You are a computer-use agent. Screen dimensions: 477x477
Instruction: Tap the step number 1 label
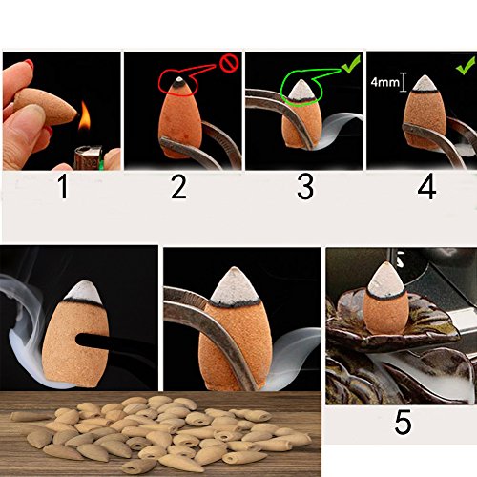pos(64,188)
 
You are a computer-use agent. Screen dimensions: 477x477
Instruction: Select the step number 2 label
pos(178,188)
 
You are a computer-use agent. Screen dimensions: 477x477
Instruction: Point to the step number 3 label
pos(305,188)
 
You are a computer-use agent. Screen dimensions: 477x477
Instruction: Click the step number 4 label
pos(426,188)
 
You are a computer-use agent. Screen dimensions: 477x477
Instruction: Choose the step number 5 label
pos(403,423)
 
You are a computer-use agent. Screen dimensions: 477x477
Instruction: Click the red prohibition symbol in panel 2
pos(230,63)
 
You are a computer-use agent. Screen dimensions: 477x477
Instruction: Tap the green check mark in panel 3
pos(351,64)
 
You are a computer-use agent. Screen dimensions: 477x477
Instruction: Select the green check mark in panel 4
pos(466,65)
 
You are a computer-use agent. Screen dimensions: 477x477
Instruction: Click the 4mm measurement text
pos(385,82)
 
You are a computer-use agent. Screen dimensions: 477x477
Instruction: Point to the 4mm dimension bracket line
pos(404,82)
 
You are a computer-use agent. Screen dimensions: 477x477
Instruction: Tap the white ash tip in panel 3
pos(301,91)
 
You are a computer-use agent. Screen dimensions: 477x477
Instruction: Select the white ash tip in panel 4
pos(424,83)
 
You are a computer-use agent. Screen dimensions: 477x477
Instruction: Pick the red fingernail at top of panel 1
pos(30,64)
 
